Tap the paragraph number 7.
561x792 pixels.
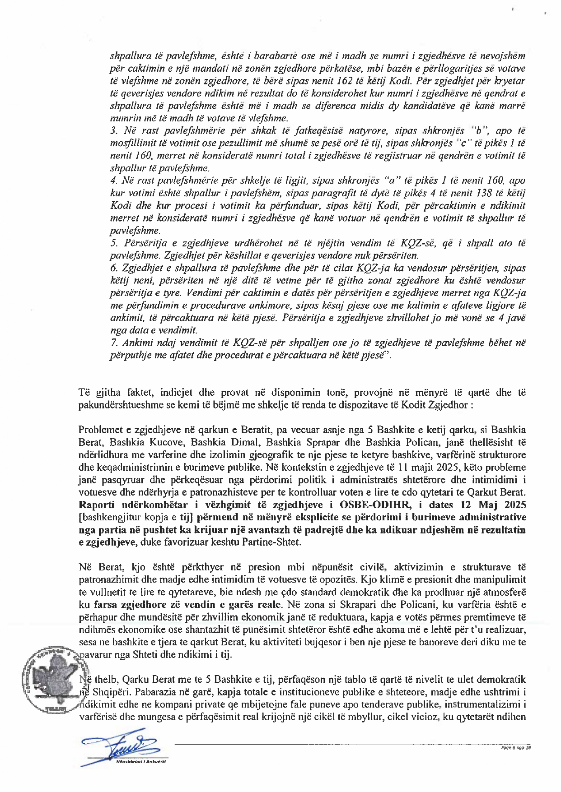coord(113,343)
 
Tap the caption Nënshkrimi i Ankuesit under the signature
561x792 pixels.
coord(141,762)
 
